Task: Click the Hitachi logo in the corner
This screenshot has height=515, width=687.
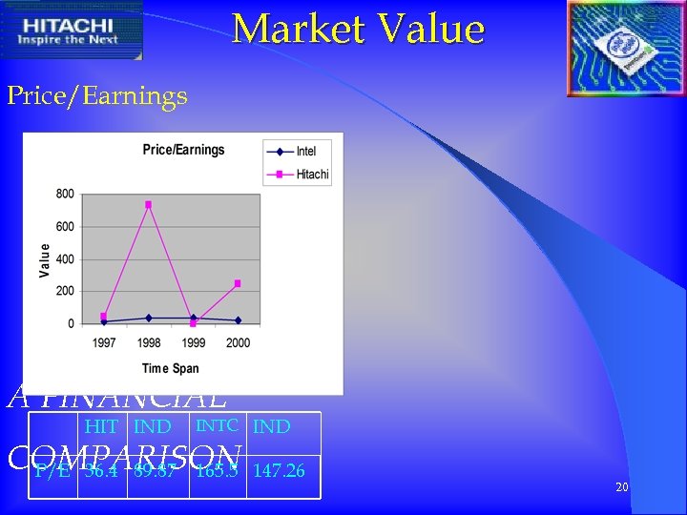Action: click(x=73, y=30)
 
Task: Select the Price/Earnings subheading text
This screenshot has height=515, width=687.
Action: click(x=97, y=95)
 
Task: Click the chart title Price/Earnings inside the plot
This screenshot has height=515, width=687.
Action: click(x=183, y=150)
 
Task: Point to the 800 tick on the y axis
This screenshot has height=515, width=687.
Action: click(x=65, y=194)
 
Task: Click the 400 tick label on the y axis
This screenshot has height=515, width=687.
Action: click(x=65, y=259)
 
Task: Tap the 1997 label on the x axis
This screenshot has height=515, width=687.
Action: click(x=104, y=342)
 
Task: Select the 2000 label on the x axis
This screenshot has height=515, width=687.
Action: click(x=238, y=342)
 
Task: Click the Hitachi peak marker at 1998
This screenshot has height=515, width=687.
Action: click(x=148, y=204)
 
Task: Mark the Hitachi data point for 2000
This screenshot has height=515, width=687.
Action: click(x=238, y=283)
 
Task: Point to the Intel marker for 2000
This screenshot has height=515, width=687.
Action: click(x=238, y=320)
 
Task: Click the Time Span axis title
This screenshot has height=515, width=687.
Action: click(x=170, y=368)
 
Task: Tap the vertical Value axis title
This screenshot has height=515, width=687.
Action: click(x=44, y=259)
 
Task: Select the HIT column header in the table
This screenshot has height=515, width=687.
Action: click(x=101, y=427)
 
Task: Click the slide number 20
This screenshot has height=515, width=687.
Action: click(x=621, y=487)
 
